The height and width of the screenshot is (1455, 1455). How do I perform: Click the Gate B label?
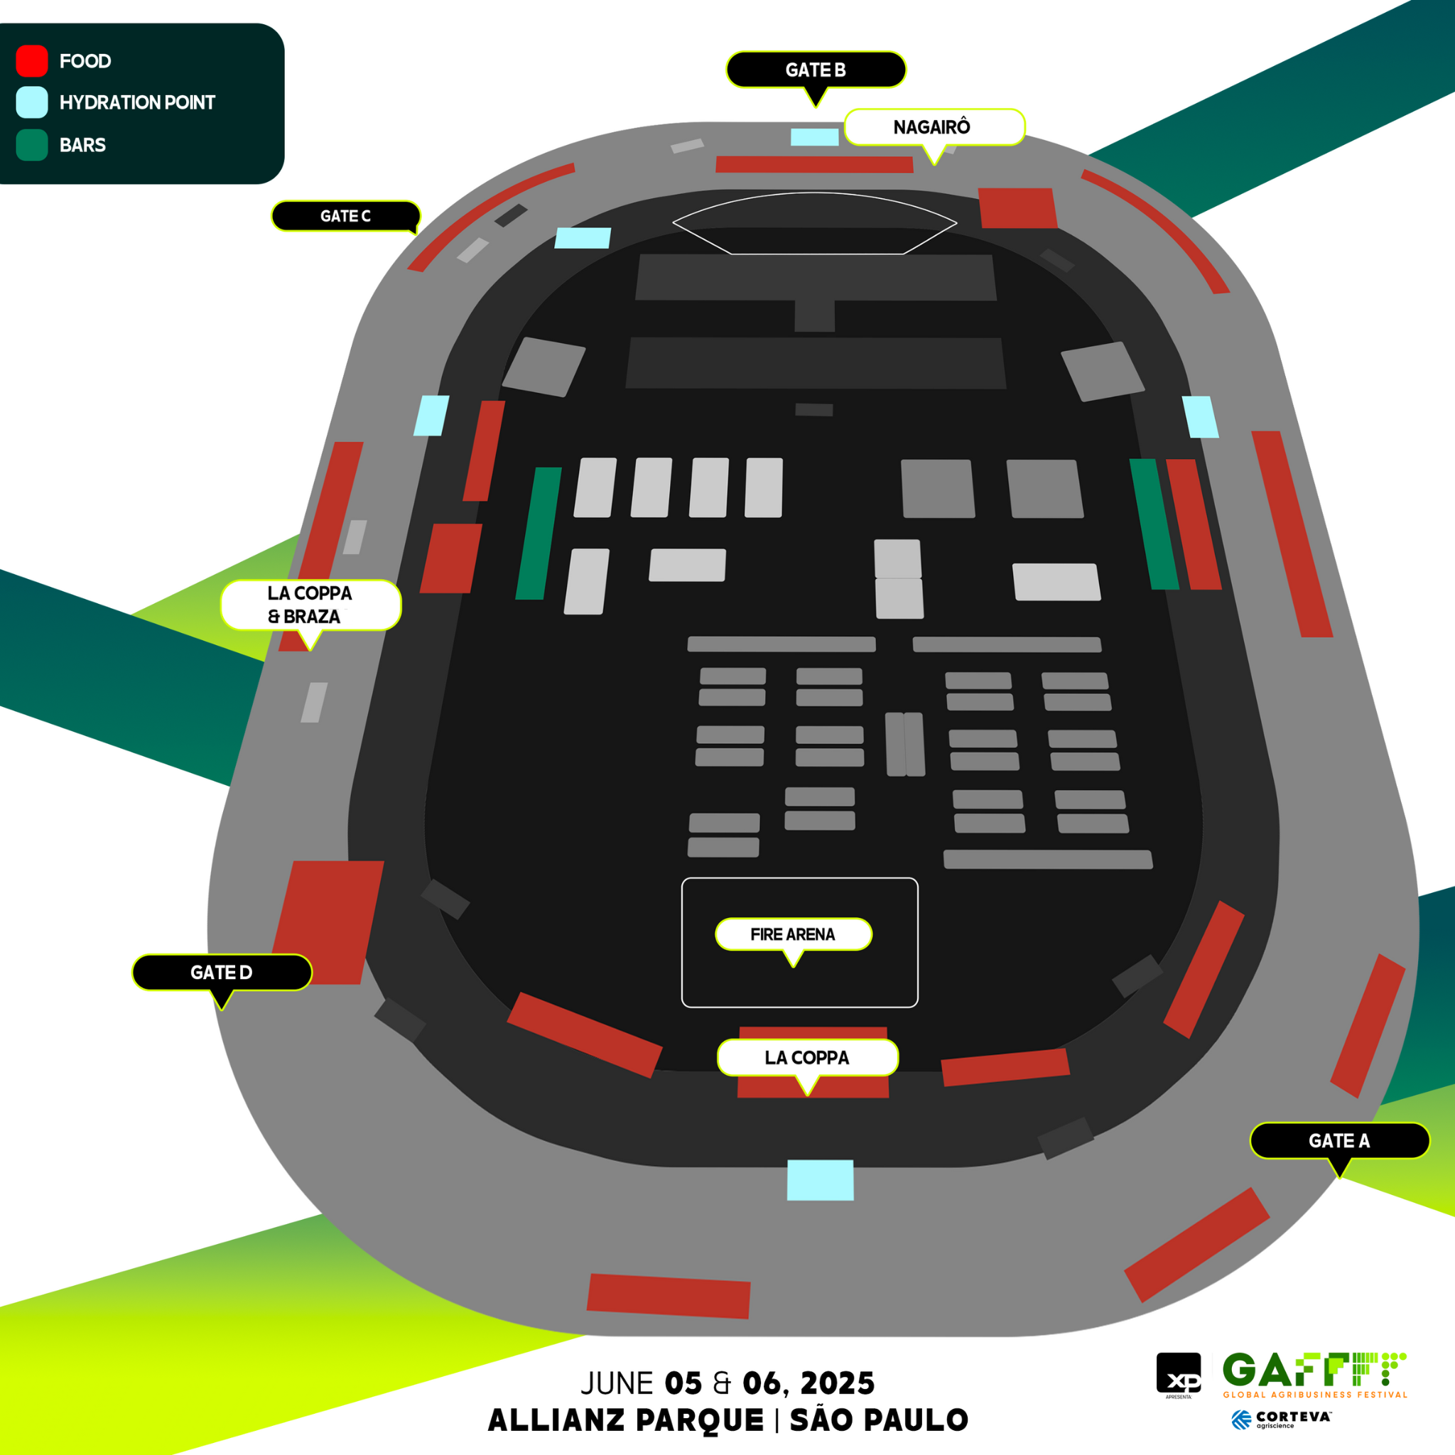pos(816,70)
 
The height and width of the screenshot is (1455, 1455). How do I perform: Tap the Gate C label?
pos(346,216)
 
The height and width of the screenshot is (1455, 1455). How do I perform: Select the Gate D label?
pos(222,973)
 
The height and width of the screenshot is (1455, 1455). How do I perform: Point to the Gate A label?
pos(1339,1140)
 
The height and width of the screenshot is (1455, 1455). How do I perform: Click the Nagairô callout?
pos(934,127)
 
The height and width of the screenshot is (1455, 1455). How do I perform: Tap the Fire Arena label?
pos(793,935)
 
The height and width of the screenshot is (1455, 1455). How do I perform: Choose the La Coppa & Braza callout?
pos(310,605)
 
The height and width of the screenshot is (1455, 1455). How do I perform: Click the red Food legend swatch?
pos(32,61)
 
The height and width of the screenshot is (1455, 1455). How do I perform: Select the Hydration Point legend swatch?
pos(32,102)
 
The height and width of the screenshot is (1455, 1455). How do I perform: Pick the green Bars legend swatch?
pos(32,146)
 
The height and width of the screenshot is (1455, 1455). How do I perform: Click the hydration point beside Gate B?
pos(814,137)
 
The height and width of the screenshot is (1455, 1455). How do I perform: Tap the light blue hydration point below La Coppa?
pos(820,1179)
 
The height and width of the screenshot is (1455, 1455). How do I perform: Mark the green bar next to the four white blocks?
pos(539,534)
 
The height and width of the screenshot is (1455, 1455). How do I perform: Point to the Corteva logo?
pos(1281,1419)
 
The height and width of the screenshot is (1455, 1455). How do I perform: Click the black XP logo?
pos(1179,1375)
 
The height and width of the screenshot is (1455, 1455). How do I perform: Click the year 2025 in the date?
pos(838,1383)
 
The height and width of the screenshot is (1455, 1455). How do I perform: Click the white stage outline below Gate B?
pos(814,224)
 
